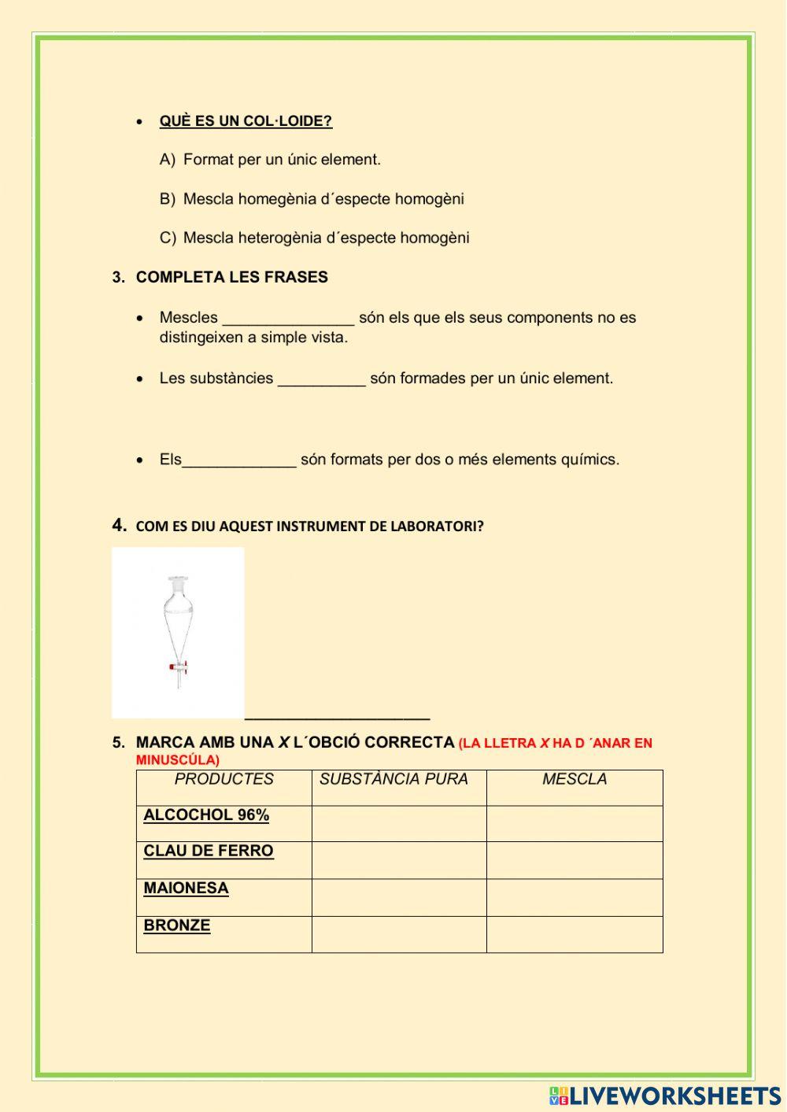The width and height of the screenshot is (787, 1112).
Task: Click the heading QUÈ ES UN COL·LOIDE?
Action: (246, 121)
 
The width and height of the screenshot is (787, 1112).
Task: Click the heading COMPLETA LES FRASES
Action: (231, 277)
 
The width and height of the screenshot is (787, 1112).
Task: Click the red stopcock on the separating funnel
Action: (174, 667)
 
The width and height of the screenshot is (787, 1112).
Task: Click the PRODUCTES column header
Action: (224, 779)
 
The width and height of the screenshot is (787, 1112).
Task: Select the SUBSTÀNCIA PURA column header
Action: (393, 779)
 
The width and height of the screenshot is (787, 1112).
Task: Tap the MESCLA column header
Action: (575, 779)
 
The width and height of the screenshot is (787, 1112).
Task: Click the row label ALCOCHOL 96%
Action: (206, 815)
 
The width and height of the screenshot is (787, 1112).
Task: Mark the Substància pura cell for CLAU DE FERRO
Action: (399, 860)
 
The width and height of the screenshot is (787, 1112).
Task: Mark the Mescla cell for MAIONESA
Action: (575, 897)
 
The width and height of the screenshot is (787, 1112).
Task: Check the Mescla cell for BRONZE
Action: (575, 934)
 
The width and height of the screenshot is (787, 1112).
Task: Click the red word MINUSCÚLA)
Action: (177, 760)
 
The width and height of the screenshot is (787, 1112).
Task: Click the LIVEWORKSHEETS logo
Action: (664, 1095)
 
